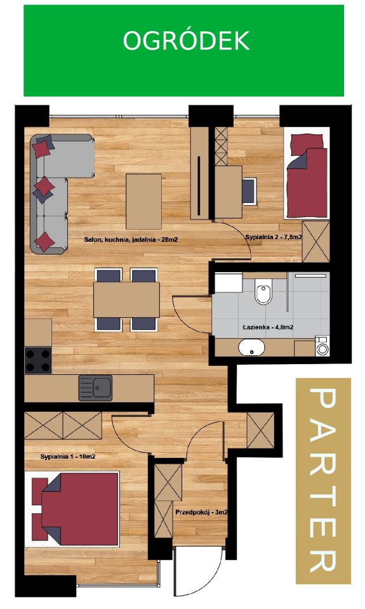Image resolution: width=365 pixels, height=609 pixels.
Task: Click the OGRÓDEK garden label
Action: click(x=186, y=41)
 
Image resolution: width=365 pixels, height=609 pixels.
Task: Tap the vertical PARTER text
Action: click(x=322, y=481)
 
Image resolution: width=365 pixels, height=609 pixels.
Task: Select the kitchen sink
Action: click(x=95, y=388)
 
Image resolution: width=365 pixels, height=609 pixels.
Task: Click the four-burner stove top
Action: click(x=38, y=360)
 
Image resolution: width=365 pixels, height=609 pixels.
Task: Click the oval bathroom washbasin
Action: click(x=251, y=347)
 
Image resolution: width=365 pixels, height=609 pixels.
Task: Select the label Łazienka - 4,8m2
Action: click(x=268, y=327)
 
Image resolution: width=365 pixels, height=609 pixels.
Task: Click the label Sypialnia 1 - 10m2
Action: click(x=68, y=456)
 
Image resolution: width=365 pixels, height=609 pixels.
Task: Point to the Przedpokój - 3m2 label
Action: click(x=201, y=513)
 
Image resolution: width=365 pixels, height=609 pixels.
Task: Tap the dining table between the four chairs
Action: click(x=126, y=299)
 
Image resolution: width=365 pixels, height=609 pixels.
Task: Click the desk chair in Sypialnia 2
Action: click(x=249, y=191)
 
